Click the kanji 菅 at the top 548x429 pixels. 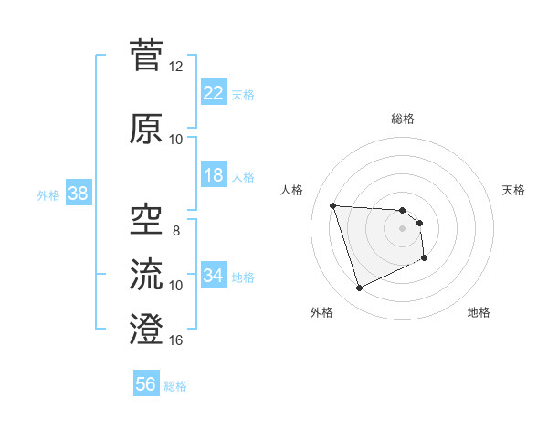(147, 55)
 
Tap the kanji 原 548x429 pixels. (147, 129)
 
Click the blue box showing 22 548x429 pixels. (213, 93)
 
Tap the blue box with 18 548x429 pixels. (213, 175)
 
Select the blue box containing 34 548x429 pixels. (213, 276)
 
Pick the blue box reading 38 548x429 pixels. (78, 194)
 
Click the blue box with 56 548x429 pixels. (146, 384)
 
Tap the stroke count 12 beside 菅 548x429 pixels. (176, 67)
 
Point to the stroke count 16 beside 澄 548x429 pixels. (176, 340)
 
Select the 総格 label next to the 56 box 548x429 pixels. (175, 385)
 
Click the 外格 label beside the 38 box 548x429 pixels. (48, 194)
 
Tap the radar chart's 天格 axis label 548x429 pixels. (514, 190)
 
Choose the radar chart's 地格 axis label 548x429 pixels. (479, 312)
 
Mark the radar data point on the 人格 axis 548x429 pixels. (332, 205)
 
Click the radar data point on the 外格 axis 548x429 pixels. (359, 288)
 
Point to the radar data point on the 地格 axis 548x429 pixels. (426, 258)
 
